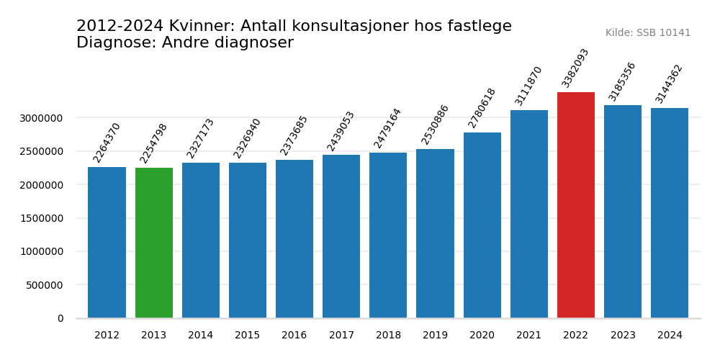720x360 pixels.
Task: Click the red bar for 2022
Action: pos(576,205)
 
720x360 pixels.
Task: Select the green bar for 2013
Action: pos(154,243)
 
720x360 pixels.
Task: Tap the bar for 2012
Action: pos(107,243)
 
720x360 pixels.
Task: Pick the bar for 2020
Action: pos(482,225)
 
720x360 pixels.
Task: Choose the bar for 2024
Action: pos(670,213)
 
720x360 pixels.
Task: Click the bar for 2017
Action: pos(341,236)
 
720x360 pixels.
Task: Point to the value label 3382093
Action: pos(575,68)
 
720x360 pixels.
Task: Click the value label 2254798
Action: pos(153,143)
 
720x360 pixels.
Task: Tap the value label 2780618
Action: pos(482,108)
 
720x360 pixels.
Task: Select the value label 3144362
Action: pos(669,84)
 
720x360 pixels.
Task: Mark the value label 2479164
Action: pos(387,128)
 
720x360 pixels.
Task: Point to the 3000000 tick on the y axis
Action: pos(41,118)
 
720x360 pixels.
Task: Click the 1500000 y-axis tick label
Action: pos(41,218)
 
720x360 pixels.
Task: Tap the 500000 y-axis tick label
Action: pos(45,285)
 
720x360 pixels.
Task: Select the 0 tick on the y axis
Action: pos(60,318)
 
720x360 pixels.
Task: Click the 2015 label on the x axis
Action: pos(248,336)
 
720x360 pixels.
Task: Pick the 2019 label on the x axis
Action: pos(435,336)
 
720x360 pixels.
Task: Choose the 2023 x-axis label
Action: pos(623,336)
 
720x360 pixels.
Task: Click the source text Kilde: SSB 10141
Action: pos(647,33)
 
